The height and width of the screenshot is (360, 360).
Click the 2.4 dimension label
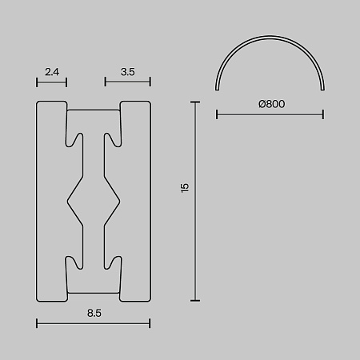point(52,72)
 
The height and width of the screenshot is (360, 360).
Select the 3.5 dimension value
point(128,72)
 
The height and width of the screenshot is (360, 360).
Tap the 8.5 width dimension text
point(94,313)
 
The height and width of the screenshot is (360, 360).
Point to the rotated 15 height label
point(185,188)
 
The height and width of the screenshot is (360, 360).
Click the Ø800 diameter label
point(272,104)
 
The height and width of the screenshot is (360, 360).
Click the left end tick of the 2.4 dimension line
point(37,82)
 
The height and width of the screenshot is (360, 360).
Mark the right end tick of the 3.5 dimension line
point(150,82)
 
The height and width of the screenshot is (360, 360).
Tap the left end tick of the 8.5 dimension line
point(37,323)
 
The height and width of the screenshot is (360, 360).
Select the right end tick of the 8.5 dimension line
point(150,323)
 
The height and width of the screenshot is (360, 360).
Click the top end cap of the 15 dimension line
point(195,102)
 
